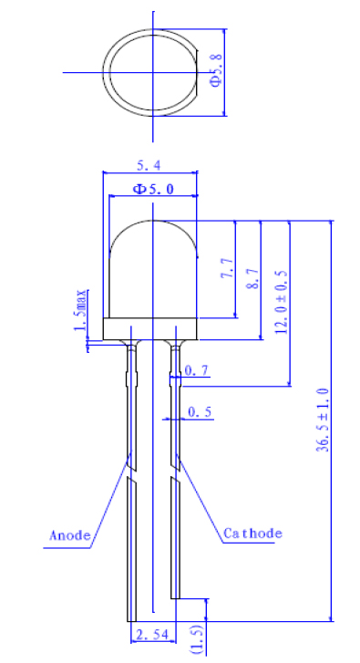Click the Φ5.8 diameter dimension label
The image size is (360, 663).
click(x=215, y=70)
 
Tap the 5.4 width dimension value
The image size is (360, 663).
click(x=149, y=166)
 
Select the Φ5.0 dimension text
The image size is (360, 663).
click(x=153, y=189)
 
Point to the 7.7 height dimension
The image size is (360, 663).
click(x=227, y=267)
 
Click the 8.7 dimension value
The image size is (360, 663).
click(x=252, y=279)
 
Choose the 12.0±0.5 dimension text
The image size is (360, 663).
click(x=281, y=302)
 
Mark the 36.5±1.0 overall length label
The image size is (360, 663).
click(x=324, y=420)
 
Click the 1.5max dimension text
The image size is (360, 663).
click(x=80, y=310)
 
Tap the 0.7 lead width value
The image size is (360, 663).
click(x=197, y=371)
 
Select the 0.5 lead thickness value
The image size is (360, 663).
click(x=200, y=412)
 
